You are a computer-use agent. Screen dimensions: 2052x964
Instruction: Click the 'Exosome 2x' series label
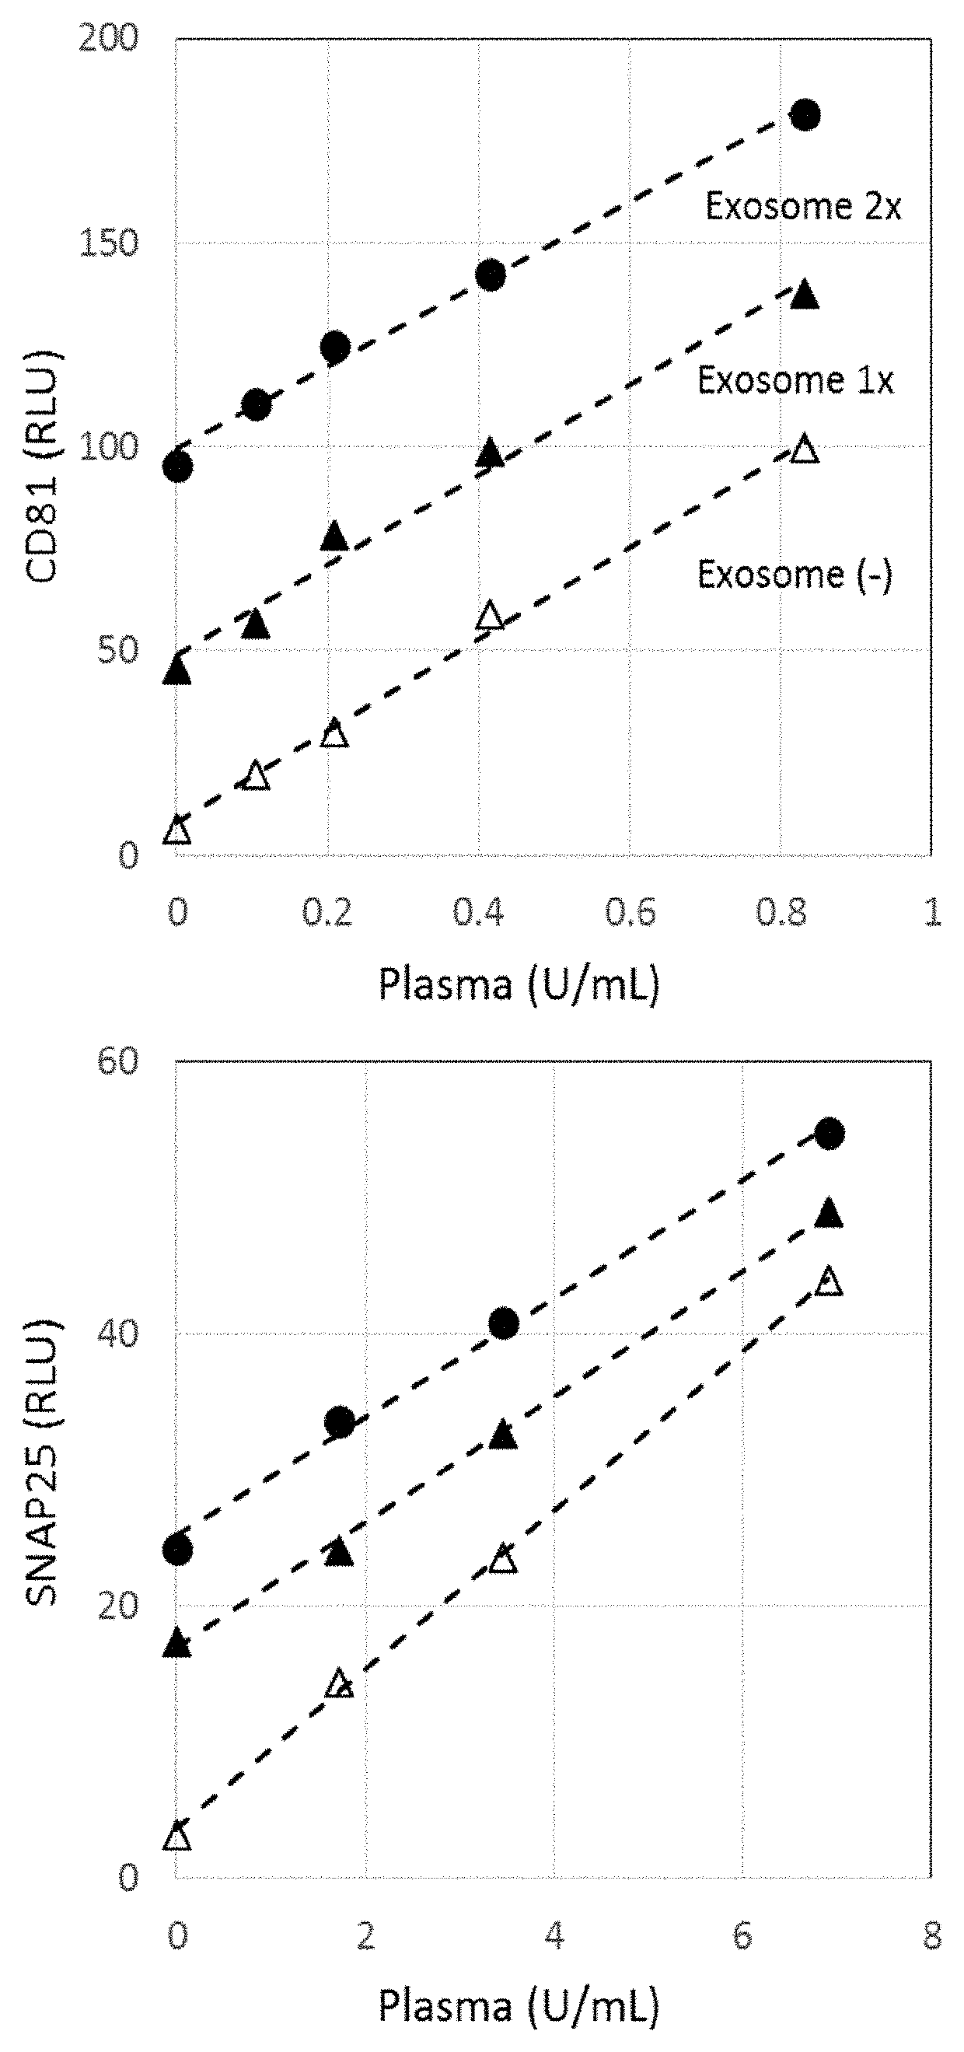(x=803, y=207)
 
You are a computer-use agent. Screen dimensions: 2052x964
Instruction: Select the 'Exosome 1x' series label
(x=795, y=380)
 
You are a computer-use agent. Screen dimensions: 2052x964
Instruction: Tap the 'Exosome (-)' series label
(x=795, y=575)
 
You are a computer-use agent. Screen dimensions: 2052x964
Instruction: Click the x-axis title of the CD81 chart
(x=519, y=984)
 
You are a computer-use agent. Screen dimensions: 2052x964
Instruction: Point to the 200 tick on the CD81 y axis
(x=108, y=38)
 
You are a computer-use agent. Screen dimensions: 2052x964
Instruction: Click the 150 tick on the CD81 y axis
(x=108, y=243)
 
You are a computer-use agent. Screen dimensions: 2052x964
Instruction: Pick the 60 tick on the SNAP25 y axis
(x=117, y=1061)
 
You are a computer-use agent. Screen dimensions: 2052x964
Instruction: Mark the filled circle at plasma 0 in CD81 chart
(x=177, y=467)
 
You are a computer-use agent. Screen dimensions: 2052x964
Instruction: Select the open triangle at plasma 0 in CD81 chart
(x=177, y=832)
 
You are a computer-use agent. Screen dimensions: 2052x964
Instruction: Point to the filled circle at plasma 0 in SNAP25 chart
(x=177, y=1550)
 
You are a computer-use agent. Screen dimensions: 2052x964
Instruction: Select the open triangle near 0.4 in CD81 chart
(x=490, y=616)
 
